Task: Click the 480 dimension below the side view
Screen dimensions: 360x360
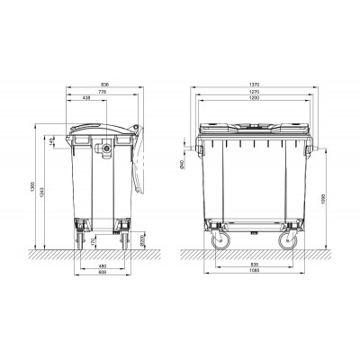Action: [103, 265]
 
